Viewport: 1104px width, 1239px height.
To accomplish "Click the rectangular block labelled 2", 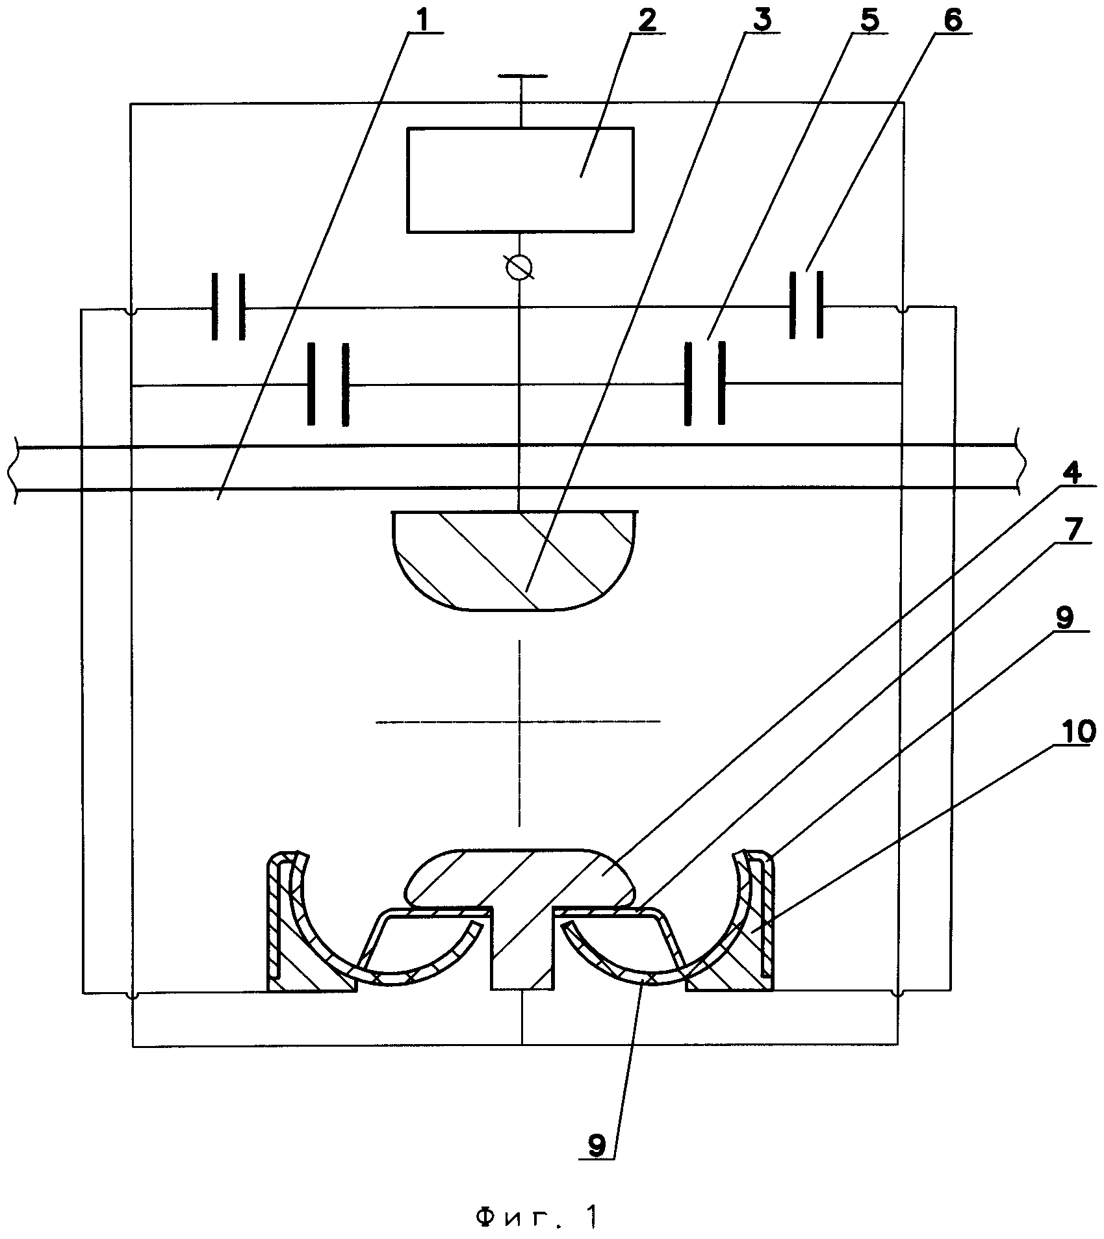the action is (520, 179).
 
